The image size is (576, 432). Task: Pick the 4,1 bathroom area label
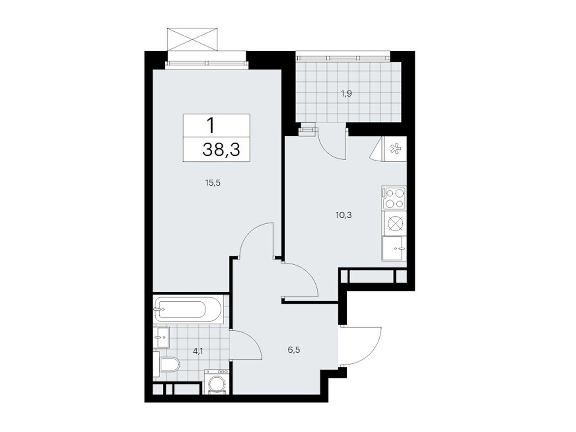point(198,351)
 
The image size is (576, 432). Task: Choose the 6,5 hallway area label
point(294,350)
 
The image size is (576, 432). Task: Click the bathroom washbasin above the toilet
point(161,337)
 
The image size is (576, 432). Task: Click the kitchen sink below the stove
point(393,248)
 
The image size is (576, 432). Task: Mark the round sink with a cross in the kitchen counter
point(394,223)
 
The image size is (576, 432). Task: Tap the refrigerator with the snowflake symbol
point(395,149)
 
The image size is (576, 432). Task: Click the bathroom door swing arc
point(248,344)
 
